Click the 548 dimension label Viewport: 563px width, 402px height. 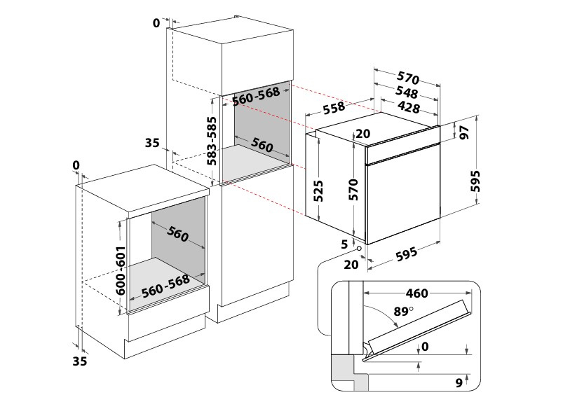(407, 92)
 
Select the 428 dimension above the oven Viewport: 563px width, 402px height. (409, 107)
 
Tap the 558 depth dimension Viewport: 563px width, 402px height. (334, 108)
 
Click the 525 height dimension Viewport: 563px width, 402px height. (318, 190)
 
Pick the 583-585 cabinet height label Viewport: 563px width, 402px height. (212, 141)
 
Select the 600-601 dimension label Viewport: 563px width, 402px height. (121, 270)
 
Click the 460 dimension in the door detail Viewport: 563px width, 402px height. (416, 293)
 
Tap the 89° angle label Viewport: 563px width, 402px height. (403, 311)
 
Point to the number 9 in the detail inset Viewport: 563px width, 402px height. (459, 382)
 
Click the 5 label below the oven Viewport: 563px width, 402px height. (344, 244)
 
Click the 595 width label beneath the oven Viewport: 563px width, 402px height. (407, 254)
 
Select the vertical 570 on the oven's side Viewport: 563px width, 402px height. (353, 189)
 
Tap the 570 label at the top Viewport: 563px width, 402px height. (408, 78)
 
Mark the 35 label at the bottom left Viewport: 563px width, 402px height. (80, 361)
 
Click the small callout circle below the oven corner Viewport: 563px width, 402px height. (359, 249)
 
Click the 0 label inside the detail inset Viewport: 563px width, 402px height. (425, 347)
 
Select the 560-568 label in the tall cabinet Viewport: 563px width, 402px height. (256, 96)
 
